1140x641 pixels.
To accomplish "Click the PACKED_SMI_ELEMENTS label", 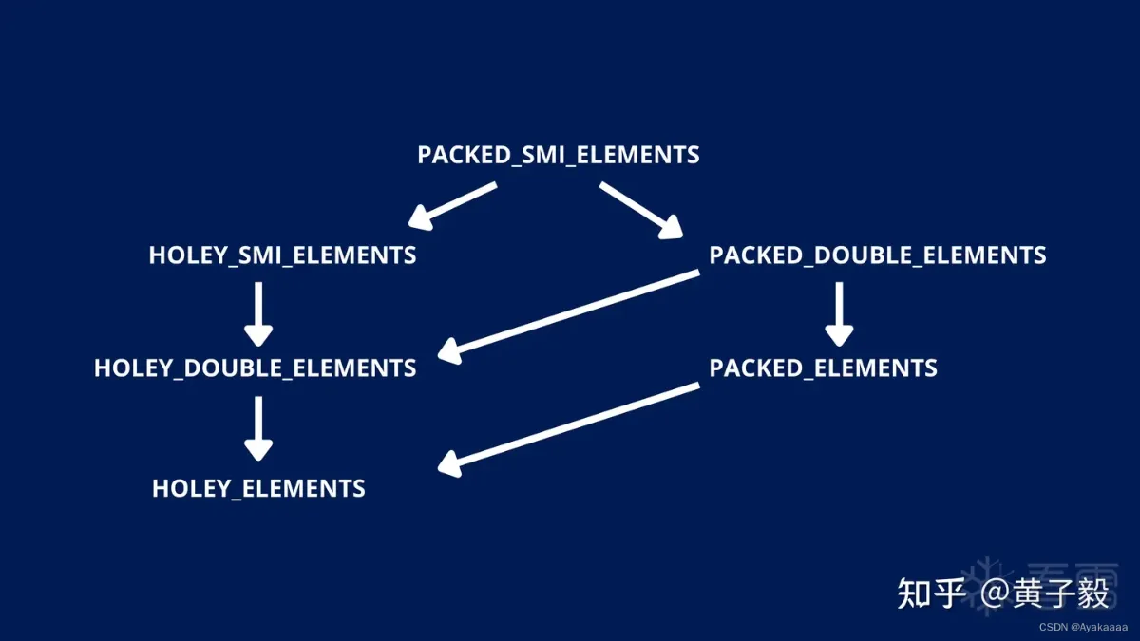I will [559, 155].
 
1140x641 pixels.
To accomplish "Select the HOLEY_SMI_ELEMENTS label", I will [282, 255].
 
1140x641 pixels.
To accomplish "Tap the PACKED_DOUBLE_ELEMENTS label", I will [878, 255].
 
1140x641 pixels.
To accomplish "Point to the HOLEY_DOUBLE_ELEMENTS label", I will [255, 368].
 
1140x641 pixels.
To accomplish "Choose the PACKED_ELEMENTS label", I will [823, 368].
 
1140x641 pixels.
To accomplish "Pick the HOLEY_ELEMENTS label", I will [258, 489].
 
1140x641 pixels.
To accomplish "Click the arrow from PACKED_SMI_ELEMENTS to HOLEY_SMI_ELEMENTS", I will [453, 205].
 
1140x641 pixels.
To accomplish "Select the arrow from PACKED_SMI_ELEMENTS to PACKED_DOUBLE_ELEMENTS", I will [641, 209].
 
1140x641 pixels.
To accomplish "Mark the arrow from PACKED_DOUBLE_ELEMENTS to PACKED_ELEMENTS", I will [838, 313].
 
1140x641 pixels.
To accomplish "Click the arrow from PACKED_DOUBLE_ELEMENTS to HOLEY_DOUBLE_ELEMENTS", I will [570, 314].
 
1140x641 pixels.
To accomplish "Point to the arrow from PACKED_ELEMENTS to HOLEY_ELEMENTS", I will [570, 426].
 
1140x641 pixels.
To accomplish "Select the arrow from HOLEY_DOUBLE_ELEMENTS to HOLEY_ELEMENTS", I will [258, 429].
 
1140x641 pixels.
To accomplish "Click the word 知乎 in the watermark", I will [932, 594].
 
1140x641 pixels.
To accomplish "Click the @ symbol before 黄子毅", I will [997, 594].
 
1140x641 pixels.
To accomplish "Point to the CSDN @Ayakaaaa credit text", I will [1082, 627].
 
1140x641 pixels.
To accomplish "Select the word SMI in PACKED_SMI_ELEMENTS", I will [545, 155].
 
